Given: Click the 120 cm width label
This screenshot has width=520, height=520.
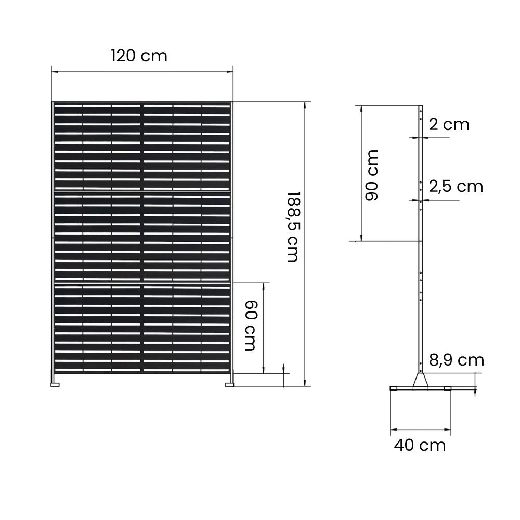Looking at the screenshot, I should (x=139, y=55).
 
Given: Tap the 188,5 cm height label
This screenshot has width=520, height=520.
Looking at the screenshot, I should (x=293, y=227).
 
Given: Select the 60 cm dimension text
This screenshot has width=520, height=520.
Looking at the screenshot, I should (x=251, y=326).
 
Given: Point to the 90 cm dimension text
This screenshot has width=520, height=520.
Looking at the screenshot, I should (x=372, y=175).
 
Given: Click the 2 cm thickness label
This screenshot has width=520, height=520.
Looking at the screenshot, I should (x=449, y=124).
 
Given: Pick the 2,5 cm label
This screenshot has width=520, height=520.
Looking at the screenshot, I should (x=456, y=186).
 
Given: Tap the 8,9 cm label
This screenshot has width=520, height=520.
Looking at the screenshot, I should (x=457, y=359).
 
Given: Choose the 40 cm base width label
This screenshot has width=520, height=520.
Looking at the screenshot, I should (x=420, y=445).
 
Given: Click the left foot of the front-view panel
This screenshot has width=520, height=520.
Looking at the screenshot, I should (x=55, y=385).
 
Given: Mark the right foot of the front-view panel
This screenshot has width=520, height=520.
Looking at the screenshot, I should (x=229, y=385).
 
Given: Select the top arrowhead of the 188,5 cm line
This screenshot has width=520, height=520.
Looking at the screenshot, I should (x=306, y=104).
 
